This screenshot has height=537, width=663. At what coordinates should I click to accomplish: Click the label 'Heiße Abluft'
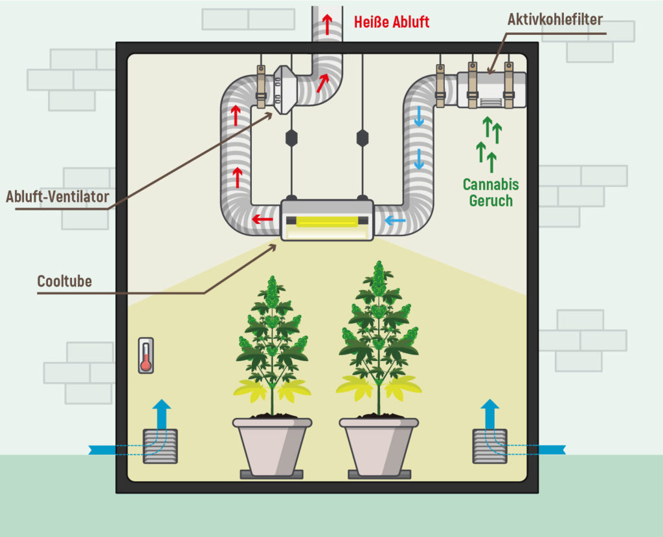tap(392, 22)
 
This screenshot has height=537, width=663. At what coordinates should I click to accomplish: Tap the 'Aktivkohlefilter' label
tap(555, 19)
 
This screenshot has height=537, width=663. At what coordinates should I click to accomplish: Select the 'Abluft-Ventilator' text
tap(58, 197)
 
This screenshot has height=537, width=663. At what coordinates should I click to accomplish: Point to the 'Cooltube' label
tap(64, 281)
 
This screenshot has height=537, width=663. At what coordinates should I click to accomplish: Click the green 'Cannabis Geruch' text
tap(491, 192)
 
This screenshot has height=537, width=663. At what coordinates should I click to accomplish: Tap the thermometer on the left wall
tap(146, 355)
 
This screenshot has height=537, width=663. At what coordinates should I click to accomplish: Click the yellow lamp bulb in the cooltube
tap(327, 222)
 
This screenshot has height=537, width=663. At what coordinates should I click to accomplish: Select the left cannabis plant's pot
tap(272, 446)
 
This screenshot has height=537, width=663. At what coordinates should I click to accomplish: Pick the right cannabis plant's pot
tap(379, 446)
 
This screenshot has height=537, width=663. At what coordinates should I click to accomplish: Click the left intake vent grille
tap(161, 446)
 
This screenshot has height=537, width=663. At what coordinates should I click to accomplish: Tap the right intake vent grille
tap(489, 446)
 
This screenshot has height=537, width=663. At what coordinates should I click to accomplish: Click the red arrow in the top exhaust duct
tap(327, 25)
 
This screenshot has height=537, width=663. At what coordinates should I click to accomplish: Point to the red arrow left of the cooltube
tap(263, 219)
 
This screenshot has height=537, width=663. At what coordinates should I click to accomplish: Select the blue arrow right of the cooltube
tap(396, 220)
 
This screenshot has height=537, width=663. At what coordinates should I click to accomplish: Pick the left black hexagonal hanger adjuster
tap(291, 138)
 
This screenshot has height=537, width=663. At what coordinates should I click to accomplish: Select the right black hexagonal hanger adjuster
tap(363, 138)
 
